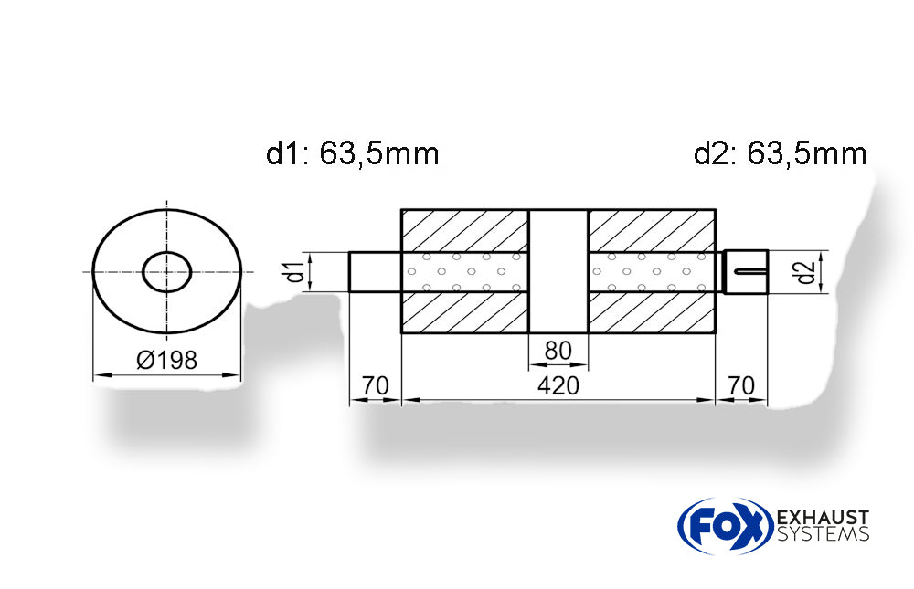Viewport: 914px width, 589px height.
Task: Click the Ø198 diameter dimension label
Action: point(166,360)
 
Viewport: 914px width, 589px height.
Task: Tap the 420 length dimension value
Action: point(558,386)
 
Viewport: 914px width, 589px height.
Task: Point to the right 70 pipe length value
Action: point(741,386)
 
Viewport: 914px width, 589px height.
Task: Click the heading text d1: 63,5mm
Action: point(353,153)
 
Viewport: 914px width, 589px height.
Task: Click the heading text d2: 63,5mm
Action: point(780,153)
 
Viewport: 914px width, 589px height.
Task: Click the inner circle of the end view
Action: point(167,271)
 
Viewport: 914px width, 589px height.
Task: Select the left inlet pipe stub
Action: point(375,272)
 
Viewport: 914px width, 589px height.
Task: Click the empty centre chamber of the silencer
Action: point(558,271)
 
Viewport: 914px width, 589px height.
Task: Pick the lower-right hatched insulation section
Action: point(652,313)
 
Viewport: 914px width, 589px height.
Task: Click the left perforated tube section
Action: point(465,271)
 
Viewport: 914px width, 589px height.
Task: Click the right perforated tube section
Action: point(652,271)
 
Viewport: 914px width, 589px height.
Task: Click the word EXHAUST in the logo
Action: point(822,518)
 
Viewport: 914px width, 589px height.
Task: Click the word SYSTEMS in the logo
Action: point(822,535)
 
